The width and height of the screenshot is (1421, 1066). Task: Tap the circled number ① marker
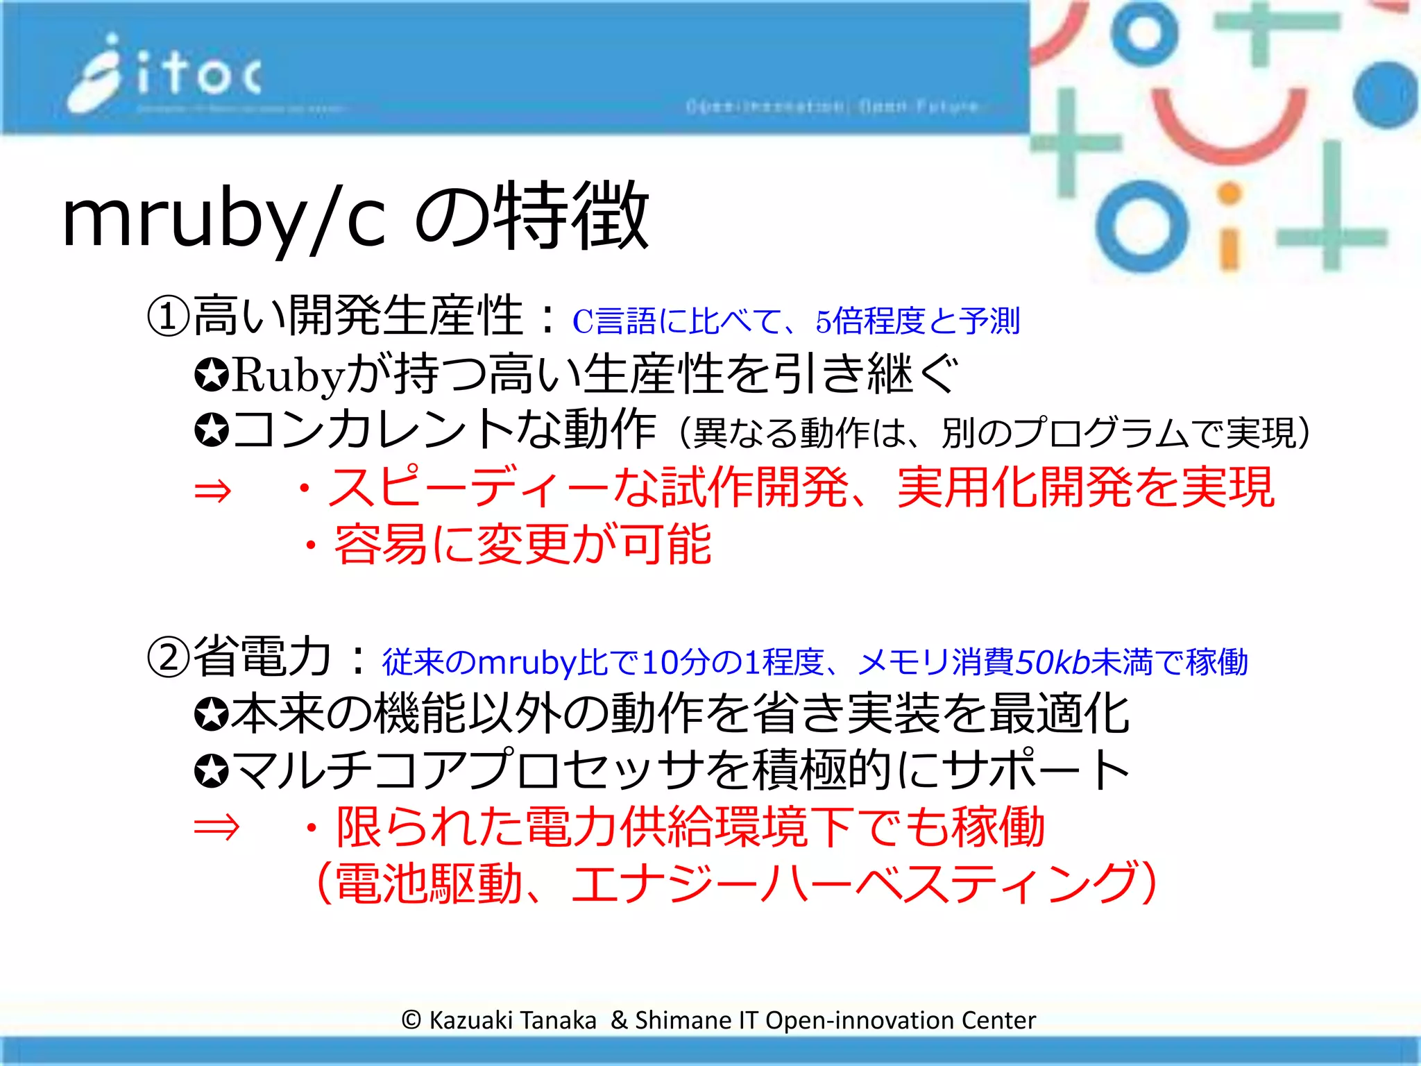coord(168,316)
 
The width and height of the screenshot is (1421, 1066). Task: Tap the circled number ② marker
coord(168,658)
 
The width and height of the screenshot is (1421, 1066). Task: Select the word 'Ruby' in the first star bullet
coord(287,375)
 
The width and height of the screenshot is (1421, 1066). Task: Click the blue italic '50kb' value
coord(1052,661)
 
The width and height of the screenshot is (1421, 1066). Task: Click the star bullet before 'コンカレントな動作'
coord(212,431)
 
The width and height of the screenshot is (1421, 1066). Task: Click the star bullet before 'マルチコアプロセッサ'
coord(212,771)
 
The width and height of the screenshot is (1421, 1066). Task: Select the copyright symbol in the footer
coord(411,1020)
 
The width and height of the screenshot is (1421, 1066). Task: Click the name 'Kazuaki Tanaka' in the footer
coord(513,1020)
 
